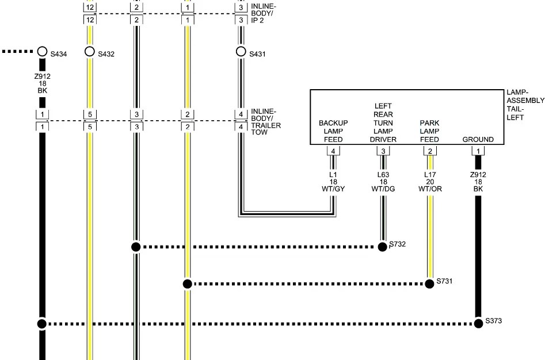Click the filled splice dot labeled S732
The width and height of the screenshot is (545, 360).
[x=382, y=247]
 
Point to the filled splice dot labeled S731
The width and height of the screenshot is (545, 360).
[x=429, y=284]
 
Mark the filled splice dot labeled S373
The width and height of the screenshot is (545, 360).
[x=478, y=324]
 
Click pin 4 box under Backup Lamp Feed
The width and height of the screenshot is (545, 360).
[x=333, y=151]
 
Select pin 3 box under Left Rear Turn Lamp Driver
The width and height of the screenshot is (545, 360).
[x=383, y=151]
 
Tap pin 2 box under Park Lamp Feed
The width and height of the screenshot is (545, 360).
[x=430, y=151]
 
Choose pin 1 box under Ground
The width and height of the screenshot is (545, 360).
[x=478, y=151]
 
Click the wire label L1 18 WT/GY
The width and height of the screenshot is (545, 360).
[x=333, y=182]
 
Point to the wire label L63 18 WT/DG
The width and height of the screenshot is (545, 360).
[x=383, y=182]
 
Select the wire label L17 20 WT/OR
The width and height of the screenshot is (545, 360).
[x=430, y=182]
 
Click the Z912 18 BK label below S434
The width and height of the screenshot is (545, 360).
[x=43, y=83]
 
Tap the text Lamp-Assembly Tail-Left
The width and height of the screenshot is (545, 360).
[x=525, y=105]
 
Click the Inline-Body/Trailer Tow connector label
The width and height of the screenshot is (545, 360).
[x=266, y=122]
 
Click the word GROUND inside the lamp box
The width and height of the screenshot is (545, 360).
[x=478, y=140]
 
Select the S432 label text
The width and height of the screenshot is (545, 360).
[x=106, y=54]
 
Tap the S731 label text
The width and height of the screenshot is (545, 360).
[x=444, y=281]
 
